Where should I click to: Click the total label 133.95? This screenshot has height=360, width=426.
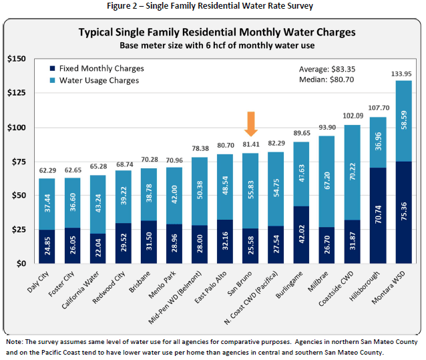[403, 73]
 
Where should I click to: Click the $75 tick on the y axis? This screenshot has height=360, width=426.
[18, 162]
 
